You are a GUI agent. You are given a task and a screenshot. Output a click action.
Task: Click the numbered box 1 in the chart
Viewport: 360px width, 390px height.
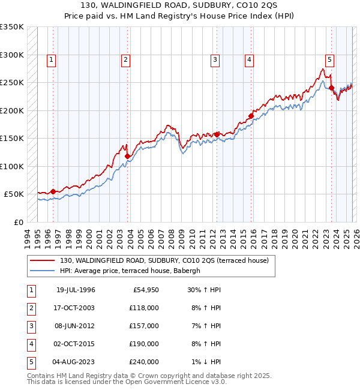[52, 59]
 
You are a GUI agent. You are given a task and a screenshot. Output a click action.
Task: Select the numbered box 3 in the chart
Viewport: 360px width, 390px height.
[215, 59]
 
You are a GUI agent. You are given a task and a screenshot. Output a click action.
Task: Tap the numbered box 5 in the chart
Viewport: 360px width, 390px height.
[330, 59]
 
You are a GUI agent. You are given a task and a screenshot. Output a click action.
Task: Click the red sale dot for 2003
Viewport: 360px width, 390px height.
[127, 156]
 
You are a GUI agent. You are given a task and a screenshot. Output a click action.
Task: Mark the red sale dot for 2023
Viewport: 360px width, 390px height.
[331, 88]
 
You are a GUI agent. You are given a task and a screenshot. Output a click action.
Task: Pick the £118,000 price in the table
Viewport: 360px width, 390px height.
[144, 308]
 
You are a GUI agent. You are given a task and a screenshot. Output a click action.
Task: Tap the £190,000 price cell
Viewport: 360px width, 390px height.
[144, 344]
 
